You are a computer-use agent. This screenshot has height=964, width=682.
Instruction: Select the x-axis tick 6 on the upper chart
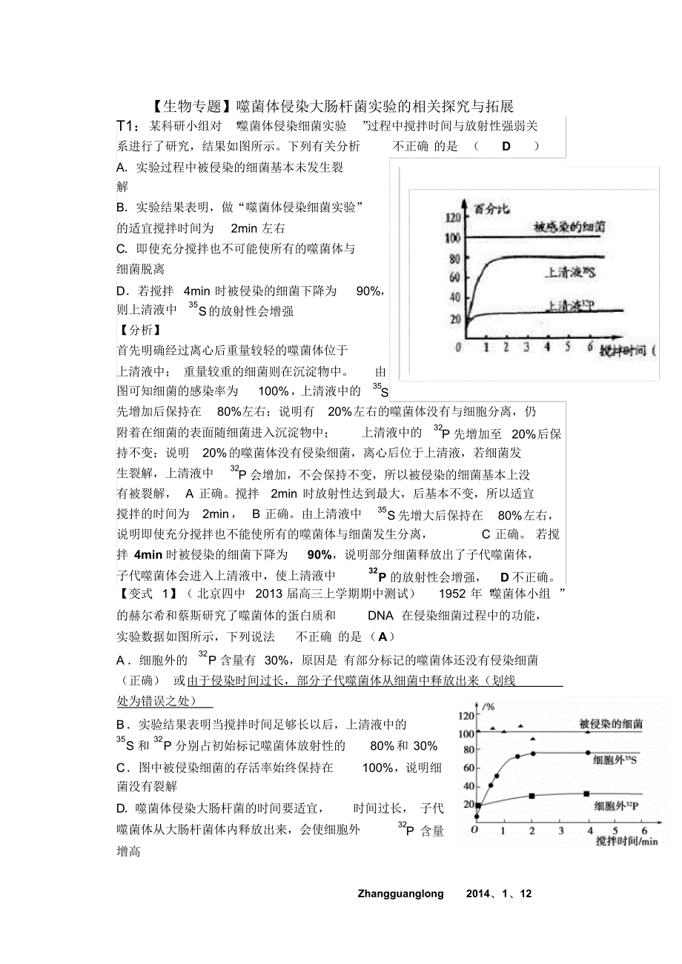coord(590,347)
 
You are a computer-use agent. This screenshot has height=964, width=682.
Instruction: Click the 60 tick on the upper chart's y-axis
coord(454,277)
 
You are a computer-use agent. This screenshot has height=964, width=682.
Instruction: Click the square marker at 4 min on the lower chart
coord(588,794)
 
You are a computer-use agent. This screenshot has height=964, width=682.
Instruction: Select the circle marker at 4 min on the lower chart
coord(588,753)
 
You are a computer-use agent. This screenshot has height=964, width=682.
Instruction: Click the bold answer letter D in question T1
coord(506,146)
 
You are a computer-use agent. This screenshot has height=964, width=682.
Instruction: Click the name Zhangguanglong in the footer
coord(400,894)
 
